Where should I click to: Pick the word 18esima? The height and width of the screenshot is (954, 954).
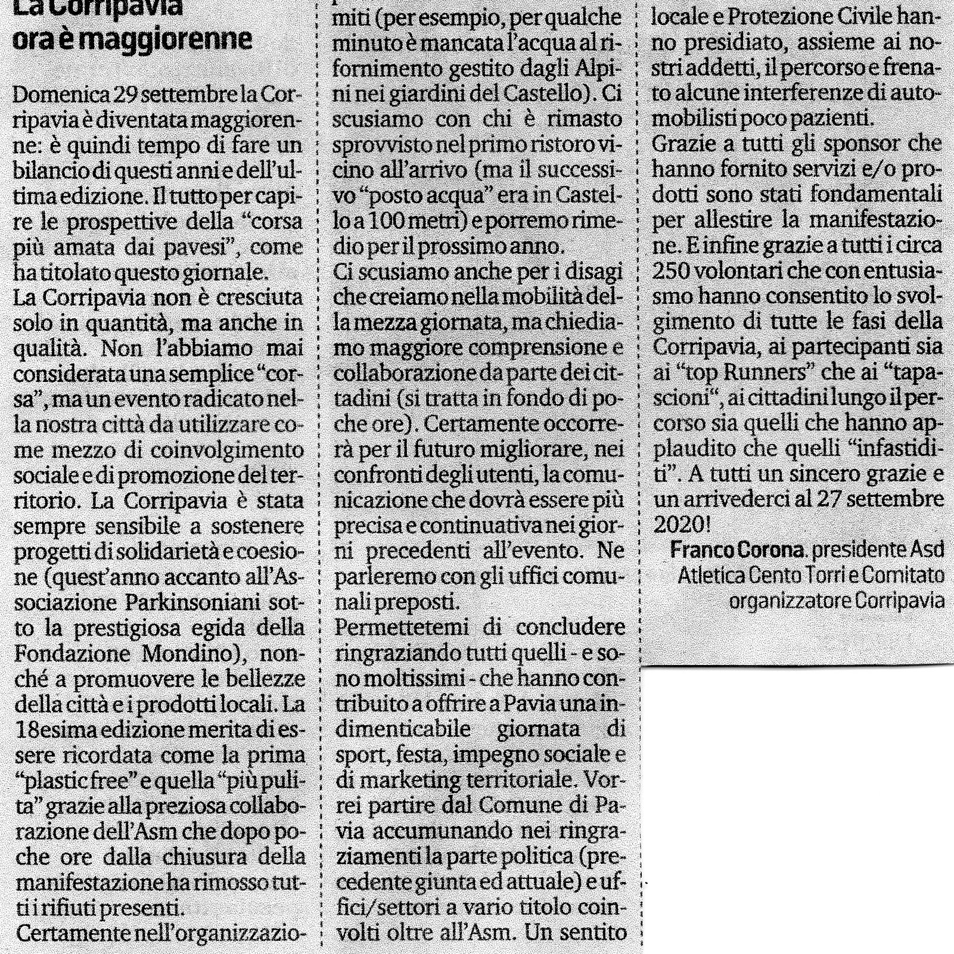(x=59, y=730)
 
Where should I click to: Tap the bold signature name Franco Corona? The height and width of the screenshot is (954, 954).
(x=737, y=549)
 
